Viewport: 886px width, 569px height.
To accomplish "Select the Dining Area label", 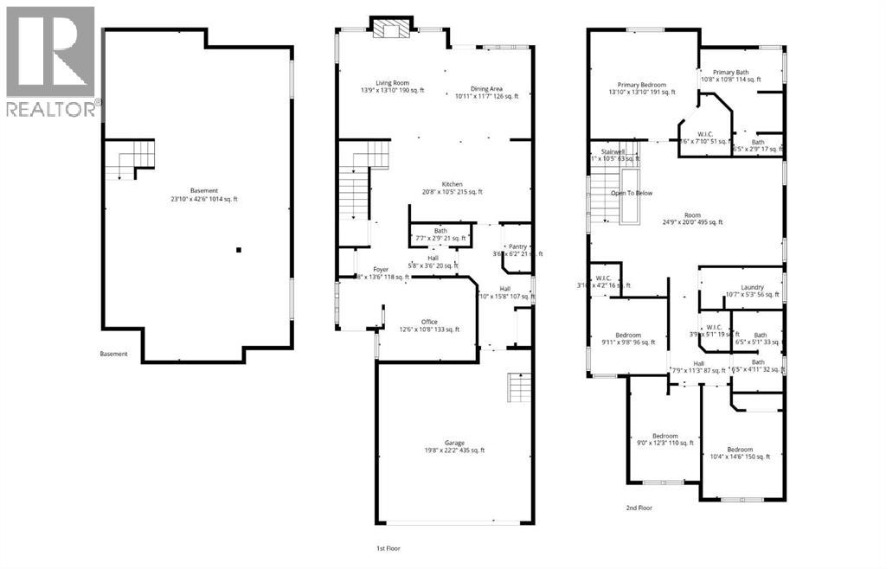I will (486, 89).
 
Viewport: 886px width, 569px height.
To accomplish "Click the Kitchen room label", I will (452, 184).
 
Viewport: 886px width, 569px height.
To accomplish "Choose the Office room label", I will (429, 322).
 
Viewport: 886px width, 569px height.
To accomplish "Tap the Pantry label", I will (517, 246).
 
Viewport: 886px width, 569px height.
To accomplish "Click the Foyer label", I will (382, 270).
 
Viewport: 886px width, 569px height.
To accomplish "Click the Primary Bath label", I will (730, 72).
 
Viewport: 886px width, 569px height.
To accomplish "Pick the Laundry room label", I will (751, 288).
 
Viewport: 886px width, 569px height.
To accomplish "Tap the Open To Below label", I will (632, 193).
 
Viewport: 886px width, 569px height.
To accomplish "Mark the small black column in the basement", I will (239, 250).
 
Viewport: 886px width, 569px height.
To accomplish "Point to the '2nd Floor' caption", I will (638, 508).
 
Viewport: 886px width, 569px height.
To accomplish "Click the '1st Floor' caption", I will (387, 548).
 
